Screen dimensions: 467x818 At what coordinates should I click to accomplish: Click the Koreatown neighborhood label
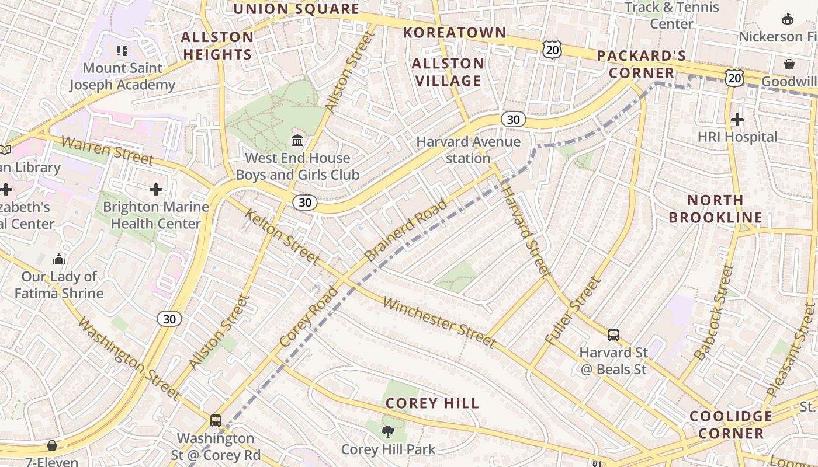[455, 33]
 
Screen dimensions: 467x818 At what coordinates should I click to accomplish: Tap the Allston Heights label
[217, 46]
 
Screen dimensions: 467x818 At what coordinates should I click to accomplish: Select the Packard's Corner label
[642, 64]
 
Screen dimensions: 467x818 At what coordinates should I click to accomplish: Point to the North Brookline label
[715, 209]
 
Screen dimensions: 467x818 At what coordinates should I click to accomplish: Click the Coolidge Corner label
[731, 424]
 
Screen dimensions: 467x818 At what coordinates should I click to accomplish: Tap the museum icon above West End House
[297, 140]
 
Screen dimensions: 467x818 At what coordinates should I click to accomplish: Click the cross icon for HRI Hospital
[737, 120]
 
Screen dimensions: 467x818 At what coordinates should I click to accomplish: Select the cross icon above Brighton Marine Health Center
[156, 189]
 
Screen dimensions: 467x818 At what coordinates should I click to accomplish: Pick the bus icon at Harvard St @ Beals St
[613, 335]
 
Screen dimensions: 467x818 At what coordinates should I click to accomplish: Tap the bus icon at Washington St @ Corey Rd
[216, 420]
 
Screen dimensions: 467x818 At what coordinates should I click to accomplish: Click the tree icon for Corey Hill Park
[387, 432]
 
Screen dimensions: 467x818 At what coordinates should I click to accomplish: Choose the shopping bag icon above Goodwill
[789, 64]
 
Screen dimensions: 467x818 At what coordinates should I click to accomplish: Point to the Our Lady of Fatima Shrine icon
[59, 259]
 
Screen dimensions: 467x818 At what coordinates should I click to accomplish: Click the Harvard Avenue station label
[468, 150]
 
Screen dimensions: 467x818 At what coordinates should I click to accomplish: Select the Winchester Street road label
[439, 322]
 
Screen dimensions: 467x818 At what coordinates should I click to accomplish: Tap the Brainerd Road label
[406, 230]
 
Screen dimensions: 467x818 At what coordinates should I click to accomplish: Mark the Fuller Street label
[573, 311]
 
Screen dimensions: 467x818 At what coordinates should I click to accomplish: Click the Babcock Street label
[713, 312]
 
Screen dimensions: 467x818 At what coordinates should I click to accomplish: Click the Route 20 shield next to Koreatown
[552, 50]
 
